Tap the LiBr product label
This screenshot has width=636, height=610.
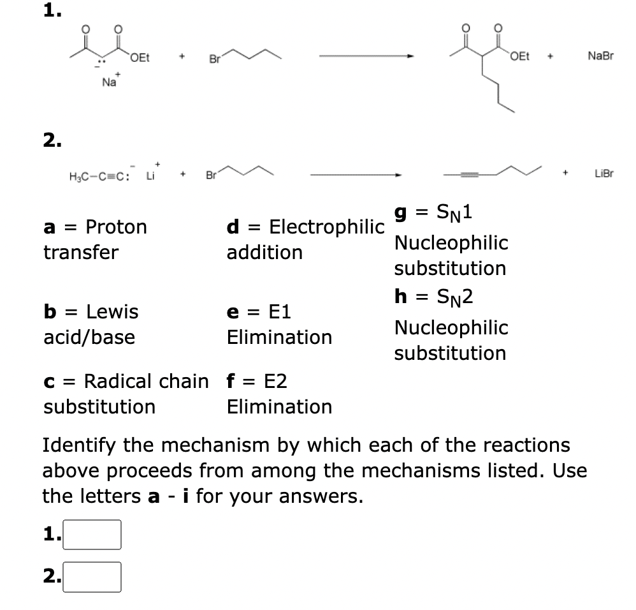point(603,174)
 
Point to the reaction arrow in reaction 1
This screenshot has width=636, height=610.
point(366,58)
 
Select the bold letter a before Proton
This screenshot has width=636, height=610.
point(48,227)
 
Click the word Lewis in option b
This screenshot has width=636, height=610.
point(112,312)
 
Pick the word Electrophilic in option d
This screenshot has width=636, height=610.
point(327,227)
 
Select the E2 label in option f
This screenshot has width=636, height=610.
point(275,382)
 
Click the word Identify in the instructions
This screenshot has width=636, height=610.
point(82,445)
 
